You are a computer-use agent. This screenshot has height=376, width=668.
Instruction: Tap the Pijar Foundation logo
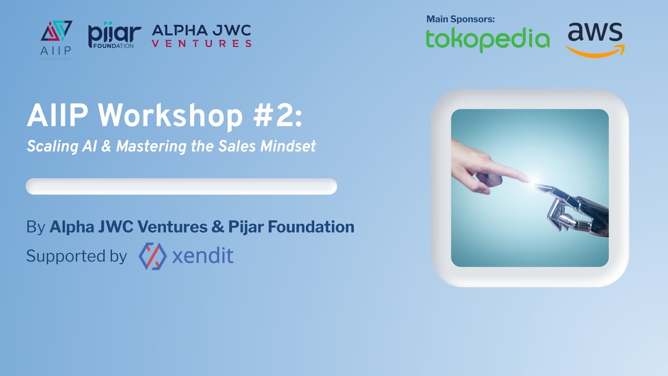[x=114, y=35]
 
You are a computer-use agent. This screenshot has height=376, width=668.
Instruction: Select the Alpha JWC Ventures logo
[x=201, y=36]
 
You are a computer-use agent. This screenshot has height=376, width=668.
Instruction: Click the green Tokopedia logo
[x=487, y=40]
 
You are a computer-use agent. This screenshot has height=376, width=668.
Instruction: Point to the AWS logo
[x=595, y=39]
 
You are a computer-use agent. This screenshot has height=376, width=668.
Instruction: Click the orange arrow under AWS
[x=595, y=51]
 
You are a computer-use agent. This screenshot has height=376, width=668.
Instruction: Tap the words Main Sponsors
[x=460, y=19]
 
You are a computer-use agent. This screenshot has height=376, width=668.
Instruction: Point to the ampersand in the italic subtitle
[x=106, y=146]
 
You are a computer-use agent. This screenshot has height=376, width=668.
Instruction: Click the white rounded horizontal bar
[x=181, y=186]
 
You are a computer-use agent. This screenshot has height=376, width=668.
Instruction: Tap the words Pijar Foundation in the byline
[x=291, y=227]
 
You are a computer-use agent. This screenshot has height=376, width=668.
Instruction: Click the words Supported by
[x=76, y=256]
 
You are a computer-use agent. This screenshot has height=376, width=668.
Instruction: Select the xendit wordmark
[x=202, y=256]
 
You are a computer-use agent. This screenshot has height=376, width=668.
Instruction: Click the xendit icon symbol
[x=152, y=256]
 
